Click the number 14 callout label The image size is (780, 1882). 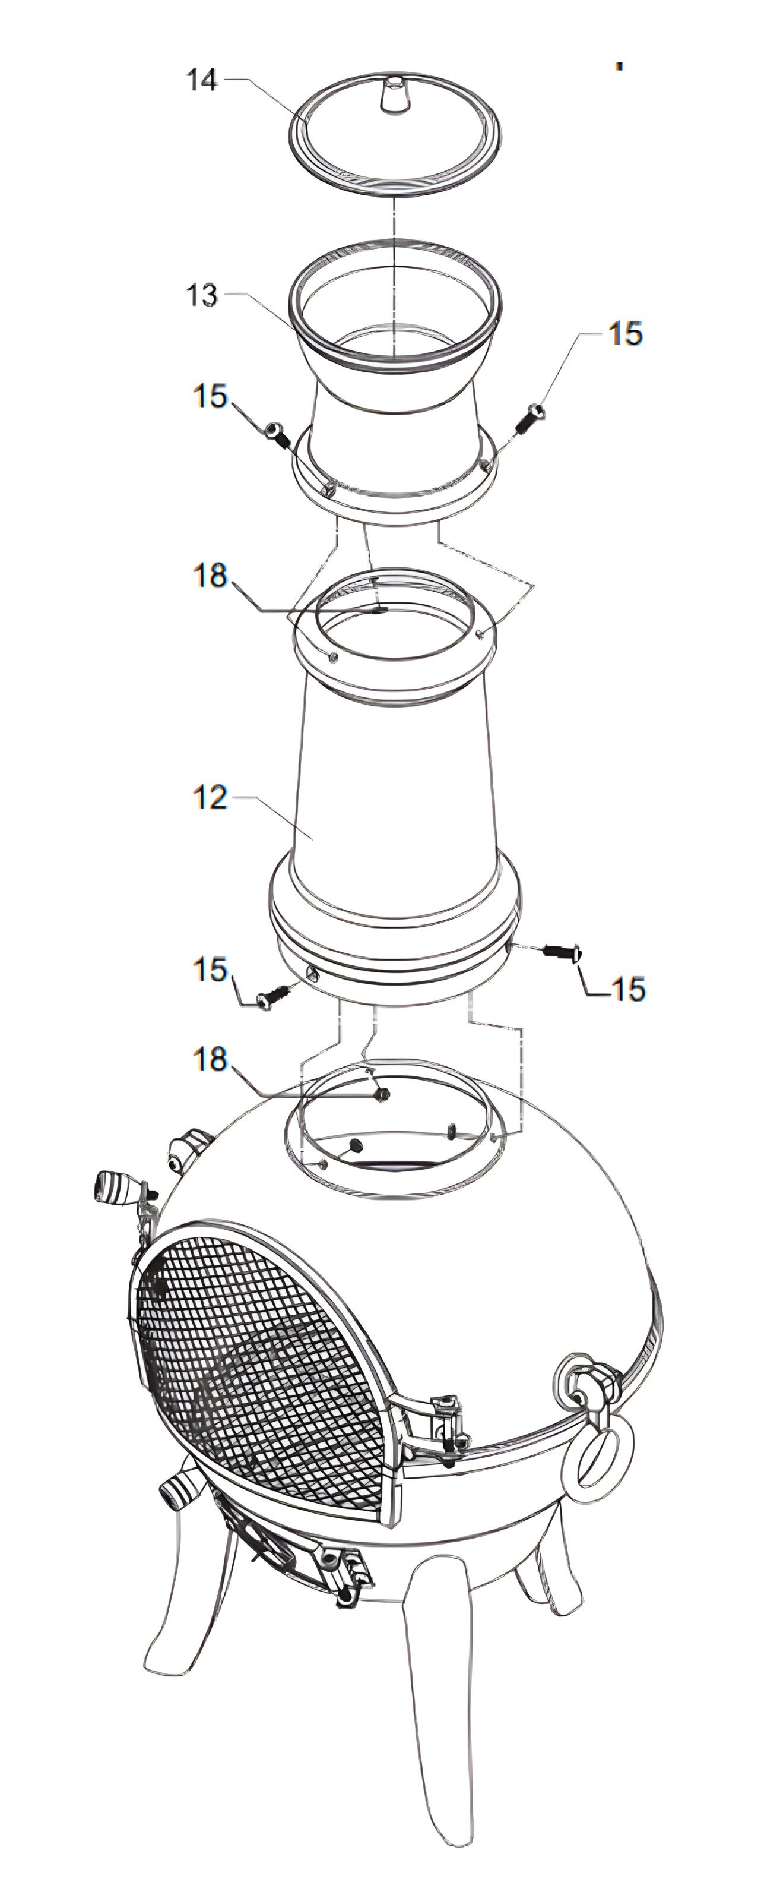(x=202, y=80)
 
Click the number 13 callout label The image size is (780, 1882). (x=202, y=295)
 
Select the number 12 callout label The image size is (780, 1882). (x=210, y=797)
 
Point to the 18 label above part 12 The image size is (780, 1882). (x=210, y=575)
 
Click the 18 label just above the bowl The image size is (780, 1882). (x=210, y=1059)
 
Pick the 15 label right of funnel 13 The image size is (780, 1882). (x=626, y=333)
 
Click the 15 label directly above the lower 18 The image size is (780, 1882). (x=210, y=970)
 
